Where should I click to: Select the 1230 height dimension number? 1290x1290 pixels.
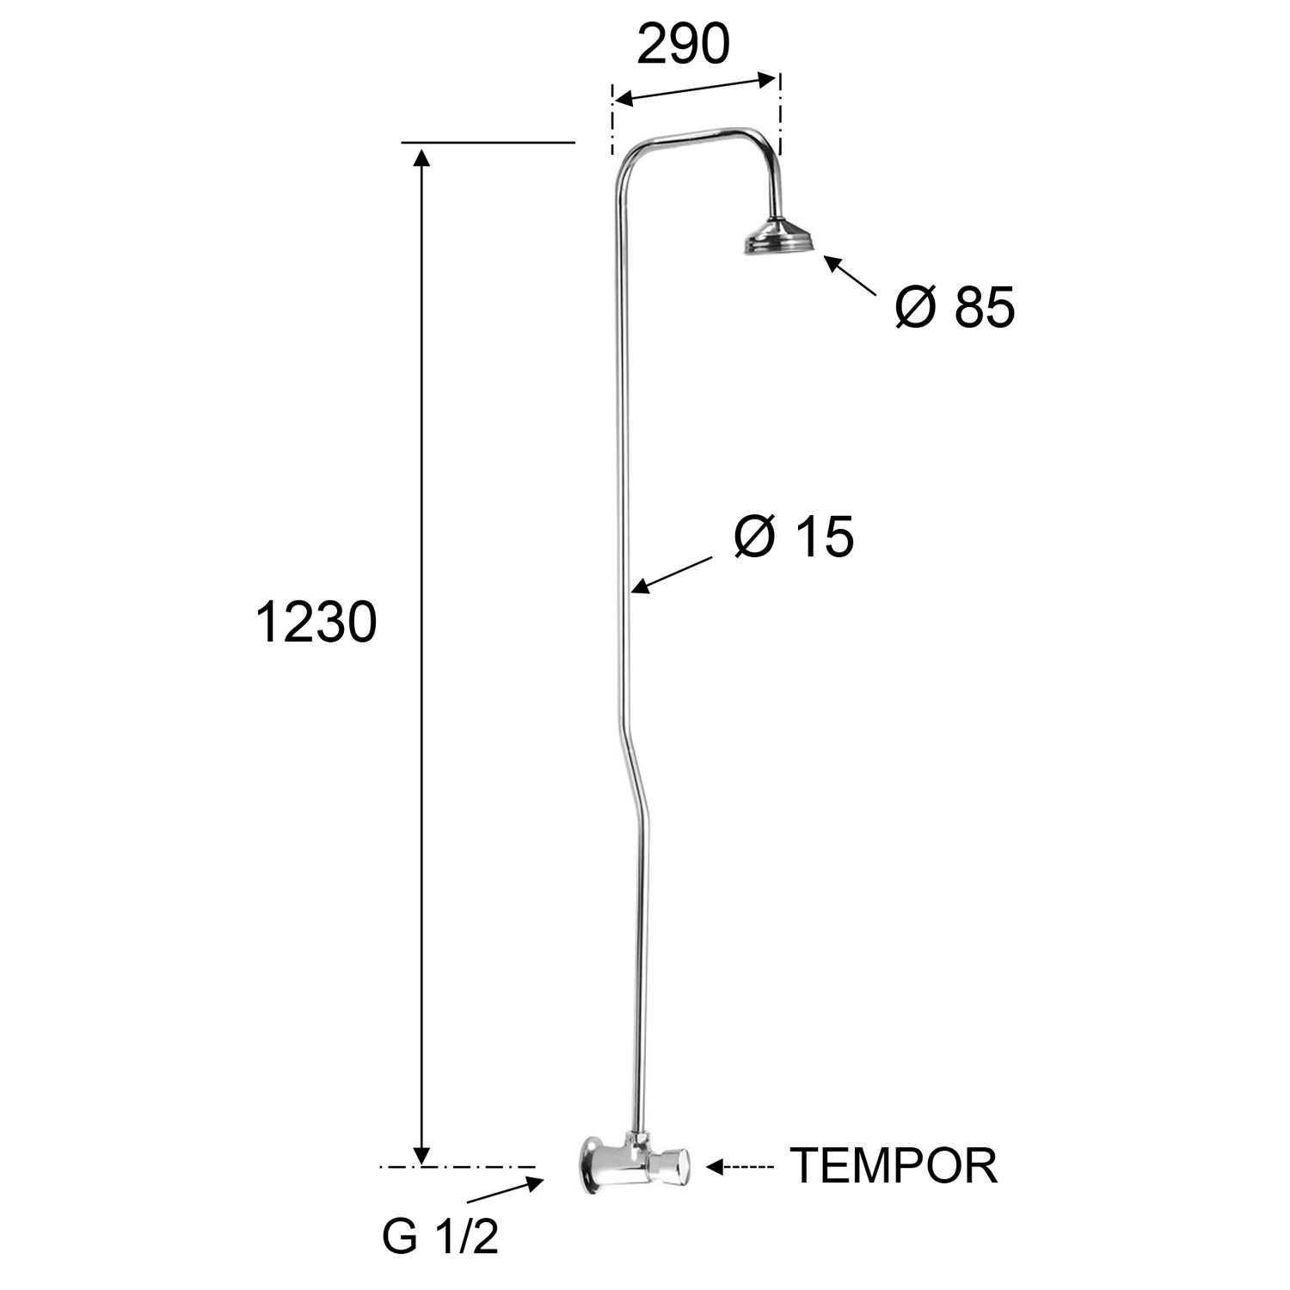pyautogui.click(x=316, y=622)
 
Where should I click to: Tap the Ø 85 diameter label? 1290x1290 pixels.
pyautogui.click(x=955, y=307)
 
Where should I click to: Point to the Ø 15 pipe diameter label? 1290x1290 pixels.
pyautogui.click(x=794, y=537)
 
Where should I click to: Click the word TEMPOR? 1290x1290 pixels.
pyautogui.click(x=894, y=1165)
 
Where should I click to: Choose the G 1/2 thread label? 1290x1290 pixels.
pyautogui.click(x=440, y=1238)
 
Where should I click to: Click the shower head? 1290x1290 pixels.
pyautogui.click(x=779, y=236)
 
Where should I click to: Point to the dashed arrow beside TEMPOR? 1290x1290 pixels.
pyautogui.click(x=740, y=1167)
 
